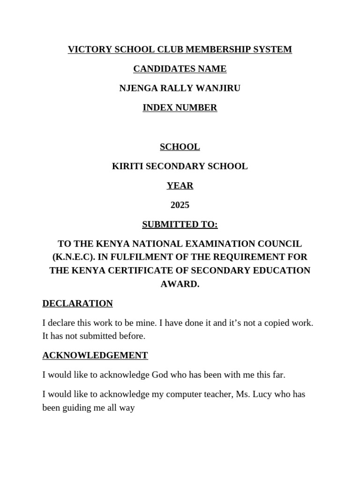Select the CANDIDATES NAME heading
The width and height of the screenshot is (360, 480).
(x=180, y=69)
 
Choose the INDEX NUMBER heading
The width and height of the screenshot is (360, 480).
(x=180, y=108)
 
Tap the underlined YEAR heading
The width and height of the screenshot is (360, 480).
(x=180, y=186)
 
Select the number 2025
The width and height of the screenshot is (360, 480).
(x=180, y=205)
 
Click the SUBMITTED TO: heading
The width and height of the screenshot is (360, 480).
(x=180, y=225)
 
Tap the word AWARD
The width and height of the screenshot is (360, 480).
(x=180, y=284)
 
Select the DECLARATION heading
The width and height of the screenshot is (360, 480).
(x=77, y=303)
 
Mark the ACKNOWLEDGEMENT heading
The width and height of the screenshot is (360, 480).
(x=95, y=355)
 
